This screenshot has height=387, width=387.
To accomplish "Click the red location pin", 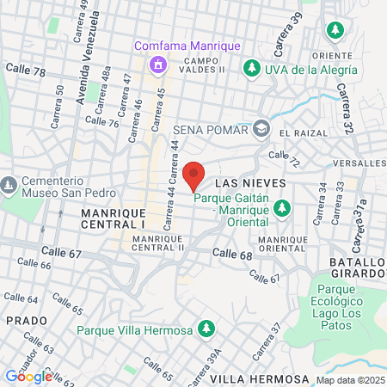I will pyautogui.click(x=194, y=174).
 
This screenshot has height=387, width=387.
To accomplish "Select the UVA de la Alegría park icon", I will pyautogui.click(x=252, y=67).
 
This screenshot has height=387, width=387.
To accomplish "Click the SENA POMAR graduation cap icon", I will pyautogui.click(x=261, y=130).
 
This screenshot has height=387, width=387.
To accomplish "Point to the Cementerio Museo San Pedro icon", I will pyautogui.click(x=9, y=185).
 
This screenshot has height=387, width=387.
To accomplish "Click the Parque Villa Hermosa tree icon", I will pyautogui.click(x=206, y=329).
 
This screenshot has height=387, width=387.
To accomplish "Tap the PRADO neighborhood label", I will pyautogui.click(x=20, y=320).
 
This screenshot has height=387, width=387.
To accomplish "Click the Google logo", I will pyautogui.click(x=28, y=376).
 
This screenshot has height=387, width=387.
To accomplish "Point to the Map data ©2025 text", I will pyautogui.click(x=350, y=379).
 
